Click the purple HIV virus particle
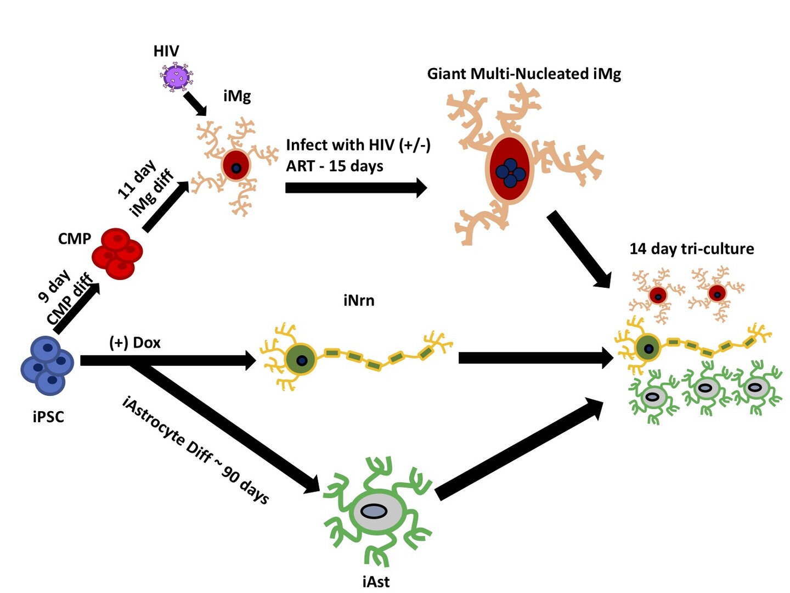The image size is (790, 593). click(x=177, y=76)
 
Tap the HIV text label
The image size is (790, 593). click(x=166, y=52)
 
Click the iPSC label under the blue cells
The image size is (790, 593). click(x=48, y=417)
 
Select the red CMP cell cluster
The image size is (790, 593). click(x=117, y=253)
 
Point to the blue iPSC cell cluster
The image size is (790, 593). click(x=48, y=365)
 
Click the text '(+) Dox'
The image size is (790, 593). click(x=135, y=343)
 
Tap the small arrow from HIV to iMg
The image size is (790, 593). click(x=195, y=103)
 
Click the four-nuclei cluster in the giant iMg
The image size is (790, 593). click(x=510, y=172)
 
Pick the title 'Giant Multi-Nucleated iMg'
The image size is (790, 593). click(x=524, y=74)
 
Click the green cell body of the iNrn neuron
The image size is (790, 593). click(x=301, y=360)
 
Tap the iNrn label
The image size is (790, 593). click(x=359, y=300)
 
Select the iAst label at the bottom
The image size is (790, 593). click(x=376, y=581)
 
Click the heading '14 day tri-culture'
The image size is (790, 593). click(x=691, y=249)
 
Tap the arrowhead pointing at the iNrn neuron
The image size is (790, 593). click(x=250, y=361)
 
